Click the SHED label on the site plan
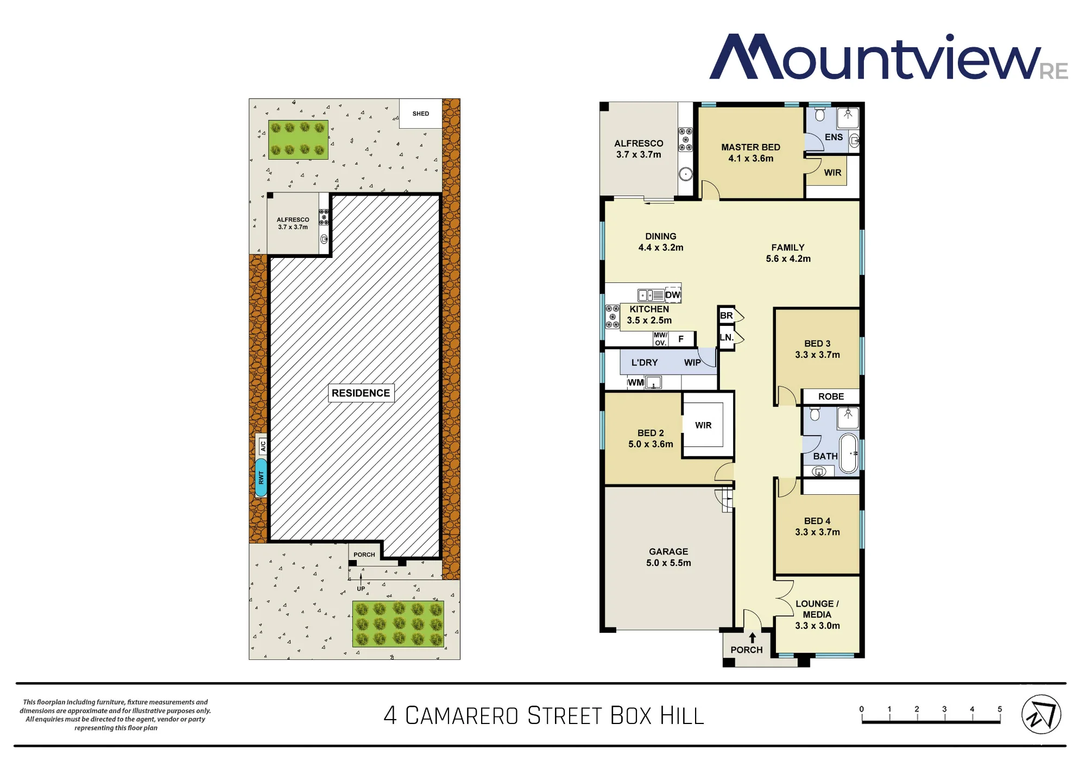click(421, 114)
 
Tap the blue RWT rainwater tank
click(261, 477)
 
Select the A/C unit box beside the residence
click(263, 446)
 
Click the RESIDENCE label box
click(361, 393)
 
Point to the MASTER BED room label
click(750, 147)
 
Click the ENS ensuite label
click(834, 137)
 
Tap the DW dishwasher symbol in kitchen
click(673, 295)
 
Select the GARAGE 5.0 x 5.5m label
click(668, 557)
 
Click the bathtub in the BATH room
click(849, 453)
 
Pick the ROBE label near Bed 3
click(831, 396)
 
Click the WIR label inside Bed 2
click(703, 425)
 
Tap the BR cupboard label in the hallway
click(726, 316)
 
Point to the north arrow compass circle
click(1041, 714)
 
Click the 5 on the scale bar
click(1000, 709)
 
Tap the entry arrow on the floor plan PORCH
click(752, 638)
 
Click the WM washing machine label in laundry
click(635, 382)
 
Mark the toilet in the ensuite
click(820, 114)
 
